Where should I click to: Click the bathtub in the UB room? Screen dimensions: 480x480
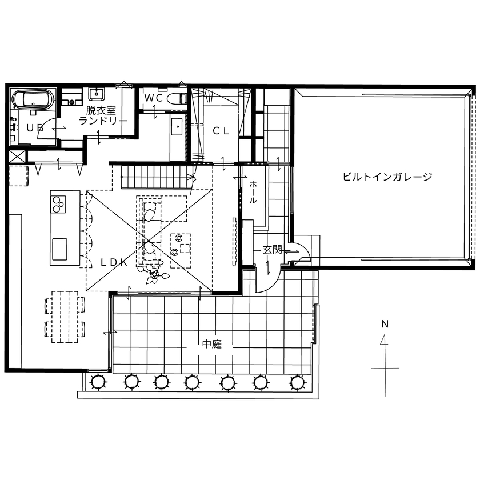coord(33,99)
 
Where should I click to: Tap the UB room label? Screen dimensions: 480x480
coord(34,128)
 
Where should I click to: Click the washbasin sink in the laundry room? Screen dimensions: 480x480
coord(94,93)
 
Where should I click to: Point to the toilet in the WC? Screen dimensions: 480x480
coord(178,97)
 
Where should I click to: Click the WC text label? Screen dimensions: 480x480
coord(153,98)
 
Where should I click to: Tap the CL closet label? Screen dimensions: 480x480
coord(221,131)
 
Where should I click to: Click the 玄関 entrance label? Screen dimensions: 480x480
coord(272,250)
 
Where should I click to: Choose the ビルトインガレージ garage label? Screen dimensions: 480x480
coord(387,177)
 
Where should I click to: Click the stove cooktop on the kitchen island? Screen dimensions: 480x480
coord(58,203)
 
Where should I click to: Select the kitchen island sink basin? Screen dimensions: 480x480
coord(59,248)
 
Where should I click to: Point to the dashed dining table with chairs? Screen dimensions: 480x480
coord(65,317)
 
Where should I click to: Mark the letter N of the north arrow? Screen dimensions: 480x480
coord(385,324)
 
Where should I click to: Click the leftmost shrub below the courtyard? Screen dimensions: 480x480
coord(98,381)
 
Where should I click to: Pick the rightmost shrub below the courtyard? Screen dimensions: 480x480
coord(295,381)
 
